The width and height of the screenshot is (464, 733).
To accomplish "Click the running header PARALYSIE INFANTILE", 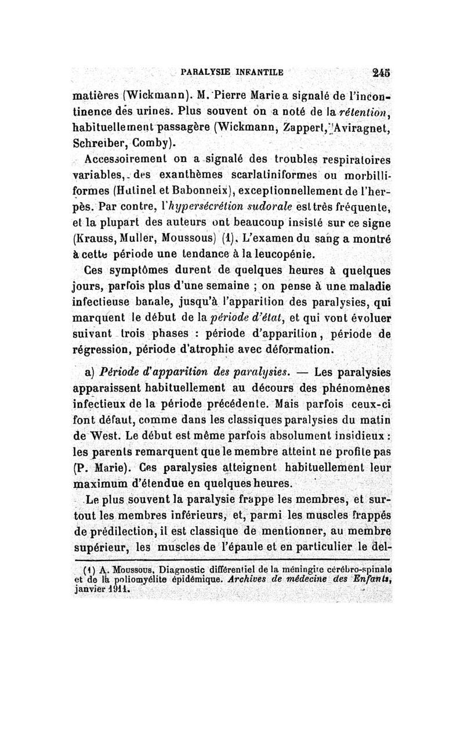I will (231, 73).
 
